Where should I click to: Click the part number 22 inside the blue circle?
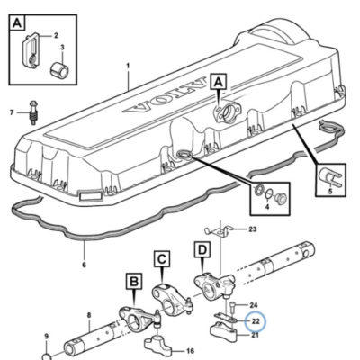[x=256, y=321]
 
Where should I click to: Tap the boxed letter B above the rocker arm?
[x=135, y=282]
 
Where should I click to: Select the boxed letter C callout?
[x=162, y=259]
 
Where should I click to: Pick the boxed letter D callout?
[x=203, y=249]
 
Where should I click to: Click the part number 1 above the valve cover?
[x=128, y=66]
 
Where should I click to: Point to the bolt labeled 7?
[x=31, y=112]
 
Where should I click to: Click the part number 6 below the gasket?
[x=84, y=265]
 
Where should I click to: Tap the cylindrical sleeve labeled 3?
[x=59, y=68]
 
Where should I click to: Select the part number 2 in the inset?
[x=56, y=36]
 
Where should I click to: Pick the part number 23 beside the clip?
[x=253, y=229]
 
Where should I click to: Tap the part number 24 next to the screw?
[x=254, y=305]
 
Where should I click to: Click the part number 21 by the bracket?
[x=255, y=335]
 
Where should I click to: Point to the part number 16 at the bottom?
[x=190, y=351]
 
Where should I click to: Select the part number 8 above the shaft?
[x=89, y=315]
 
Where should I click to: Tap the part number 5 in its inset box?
[x=330, y=191]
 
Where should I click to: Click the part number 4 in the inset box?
[x=267, y=207]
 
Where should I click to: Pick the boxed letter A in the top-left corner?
[x=18, y=22]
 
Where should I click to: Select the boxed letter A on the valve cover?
[x=219, y=81]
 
